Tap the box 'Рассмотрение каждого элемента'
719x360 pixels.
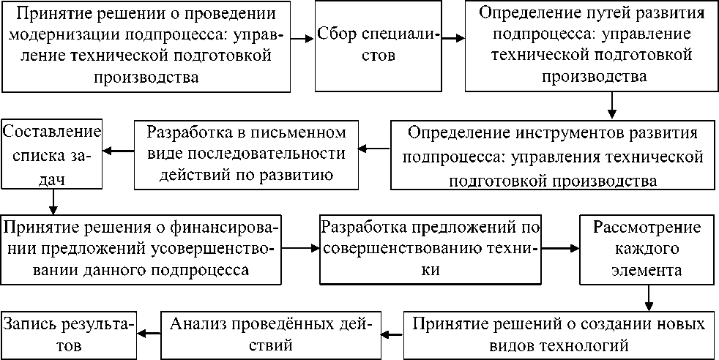(x=647, y=249)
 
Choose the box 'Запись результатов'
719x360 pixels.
(x=70, y=333)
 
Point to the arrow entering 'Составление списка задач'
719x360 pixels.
(x=117, y=151)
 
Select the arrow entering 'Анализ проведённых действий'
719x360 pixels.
(x=391, y=334)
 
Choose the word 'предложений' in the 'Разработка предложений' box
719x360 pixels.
(x=463, y=228)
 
